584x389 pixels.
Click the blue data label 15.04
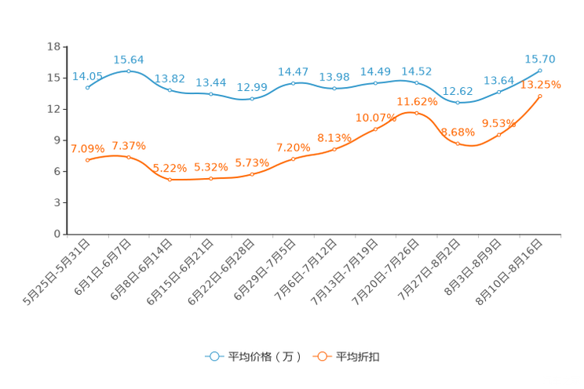click(x=129, y=59)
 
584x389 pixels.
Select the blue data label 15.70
click(x=540, y=59)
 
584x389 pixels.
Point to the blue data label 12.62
click(x=458, y=91)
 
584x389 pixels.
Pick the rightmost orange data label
click(x=540, y=84)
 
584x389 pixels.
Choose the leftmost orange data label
click(x=87, y=148)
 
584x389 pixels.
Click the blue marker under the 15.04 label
click(x=129, y=71)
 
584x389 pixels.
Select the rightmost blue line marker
click(x=540, y=71)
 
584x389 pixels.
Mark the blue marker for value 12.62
click(x=458, y=103)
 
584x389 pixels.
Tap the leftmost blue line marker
click(x=87, y=87)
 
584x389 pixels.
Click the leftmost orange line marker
click(x=87, y=161)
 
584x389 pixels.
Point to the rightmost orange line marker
click(x=540, y=96)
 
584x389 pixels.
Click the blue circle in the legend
click(x=214, y=356)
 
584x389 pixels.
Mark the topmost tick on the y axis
click(x=63, y=47)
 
